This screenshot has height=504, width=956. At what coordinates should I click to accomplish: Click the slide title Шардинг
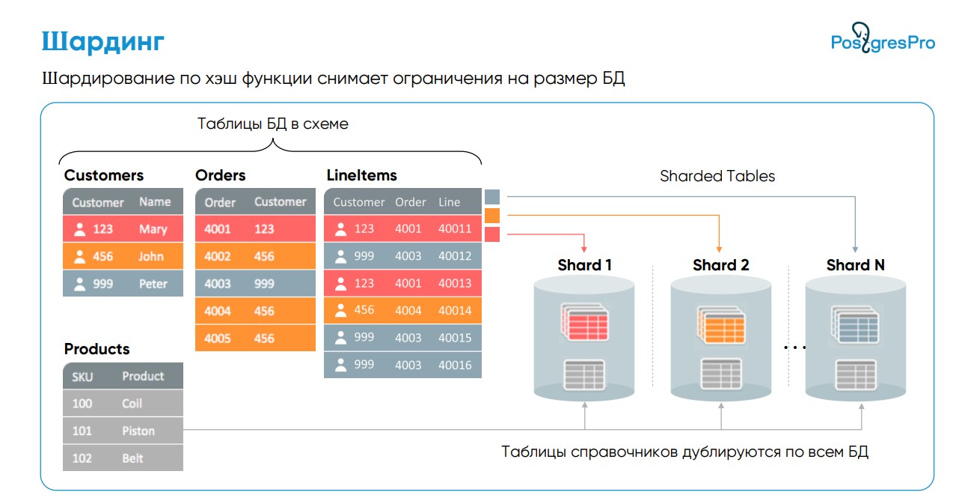click(x=102, y=42)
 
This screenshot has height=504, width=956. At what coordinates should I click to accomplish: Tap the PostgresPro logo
click(x=883, y=38)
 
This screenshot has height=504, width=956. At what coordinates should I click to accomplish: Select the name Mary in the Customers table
click(x=153, y=229)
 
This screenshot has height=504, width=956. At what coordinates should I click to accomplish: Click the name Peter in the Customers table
click(x=153, y=284)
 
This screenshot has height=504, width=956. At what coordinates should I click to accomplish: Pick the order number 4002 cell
click(x=217, y=256)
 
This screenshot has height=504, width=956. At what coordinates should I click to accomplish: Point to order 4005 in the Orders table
click(x=217, y=338)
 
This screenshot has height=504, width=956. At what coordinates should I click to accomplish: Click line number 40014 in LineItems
click(x=455, y=311)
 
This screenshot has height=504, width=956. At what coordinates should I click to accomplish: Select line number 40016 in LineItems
click(x=455, y=365)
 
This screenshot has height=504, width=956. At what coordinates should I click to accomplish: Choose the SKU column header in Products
click(x=82, y=377)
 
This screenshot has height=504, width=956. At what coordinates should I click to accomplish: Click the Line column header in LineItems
click(x=450, y=202)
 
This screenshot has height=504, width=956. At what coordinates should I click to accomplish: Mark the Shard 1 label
click(x=584, y=265)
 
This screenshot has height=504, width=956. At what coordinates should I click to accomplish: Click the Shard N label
click(x=855, y=265)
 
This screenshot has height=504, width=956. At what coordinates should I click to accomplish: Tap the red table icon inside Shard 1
click(x=585, y=322)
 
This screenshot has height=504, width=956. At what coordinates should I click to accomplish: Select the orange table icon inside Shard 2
click(x=721, y=324)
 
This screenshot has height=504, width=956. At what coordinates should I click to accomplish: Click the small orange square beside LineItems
click(x=492, y=216)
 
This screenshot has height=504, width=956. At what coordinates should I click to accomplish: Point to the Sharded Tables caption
click(x=717, y=176)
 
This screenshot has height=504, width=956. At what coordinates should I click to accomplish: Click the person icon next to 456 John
click(x=80, y=257)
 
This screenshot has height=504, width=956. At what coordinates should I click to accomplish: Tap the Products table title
click(x=97, y=349)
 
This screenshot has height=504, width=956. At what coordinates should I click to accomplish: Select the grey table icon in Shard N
click(x=856, y=375)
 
